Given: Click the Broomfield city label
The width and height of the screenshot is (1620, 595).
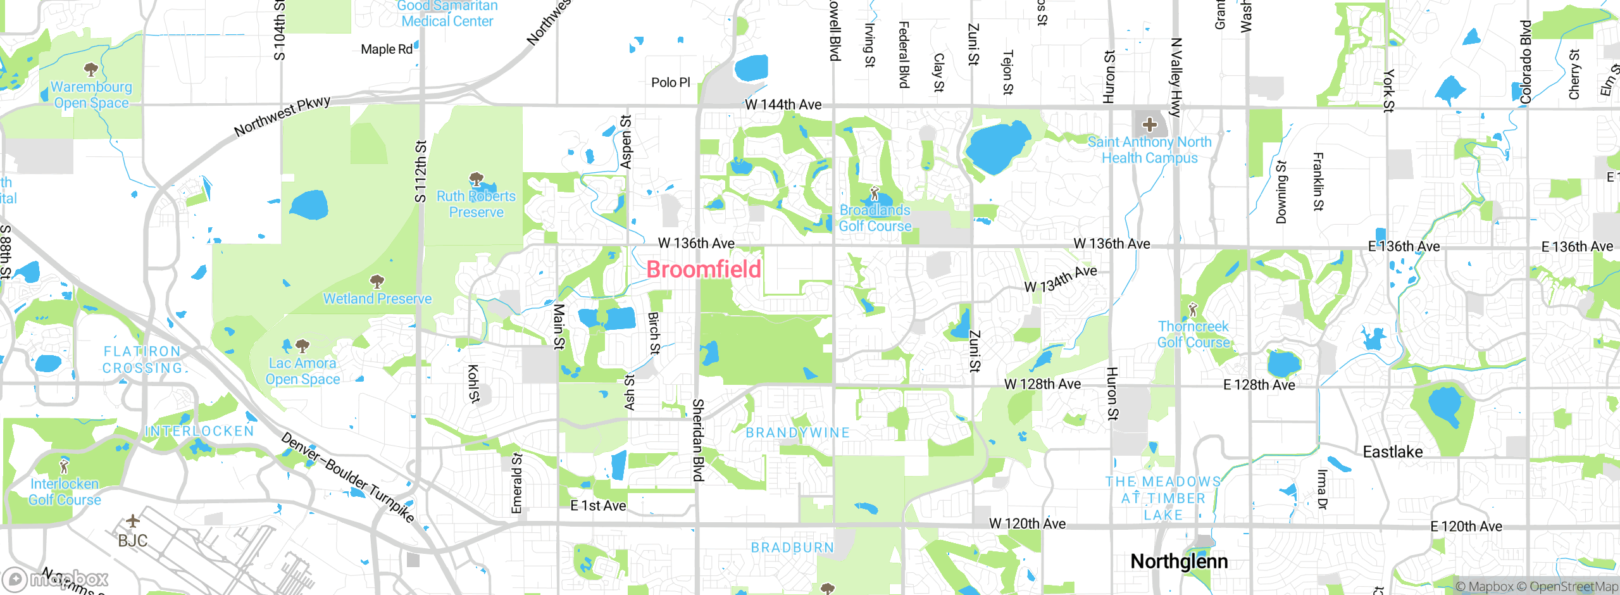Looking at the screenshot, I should [704, 270].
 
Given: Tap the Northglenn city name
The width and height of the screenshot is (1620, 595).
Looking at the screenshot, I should [1179, 561].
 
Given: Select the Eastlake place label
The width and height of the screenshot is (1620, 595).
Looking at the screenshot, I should [1392, 452].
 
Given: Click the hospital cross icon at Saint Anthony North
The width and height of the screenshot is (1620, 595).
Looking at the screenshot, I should [1150, 124].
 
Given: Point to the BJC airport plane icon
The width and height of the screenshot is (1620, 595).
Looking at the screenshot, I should [132, 522].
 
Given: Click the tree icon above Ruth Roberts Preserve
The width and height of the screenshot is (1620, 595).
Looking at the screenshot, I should [477, 179].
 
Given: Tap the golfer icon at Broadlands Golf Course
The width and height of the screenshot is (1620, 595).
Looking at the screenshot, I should [875, 193].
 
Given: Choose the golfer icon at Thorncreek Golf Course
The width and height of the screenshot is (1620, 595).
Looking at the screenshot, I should [1193, 310].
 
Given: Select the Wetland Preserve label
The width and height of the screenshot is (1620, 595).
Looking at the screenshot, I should [377, 299].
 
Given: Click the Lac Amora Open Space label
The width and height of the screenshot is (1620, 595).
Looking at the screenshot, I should [302, 372].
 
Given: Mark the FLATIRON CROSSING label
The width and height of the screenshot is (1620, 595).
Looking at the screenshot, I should [142, 360].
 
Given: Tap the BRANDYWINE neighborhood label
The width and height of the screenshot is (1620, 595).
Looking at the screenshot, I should [797, 433].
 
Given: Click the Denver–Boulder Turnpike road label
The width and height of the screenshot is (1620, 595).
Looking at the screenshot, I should [347, 478].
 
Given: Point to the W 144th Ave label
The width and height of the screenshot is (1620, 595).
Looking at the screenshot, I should [783, 104].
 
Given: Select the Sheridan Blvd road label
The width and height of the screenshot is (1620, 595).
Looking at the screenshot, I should [698, 440].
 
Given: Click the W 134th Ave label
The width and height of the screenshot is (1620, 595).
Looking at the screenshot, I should [1061, 279].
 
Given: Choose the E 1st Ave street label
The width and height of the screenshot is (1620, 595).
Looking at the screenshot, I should [598, 506].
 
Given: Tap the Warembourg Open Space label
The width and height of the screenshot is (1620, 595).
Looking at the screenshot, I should [92, 95].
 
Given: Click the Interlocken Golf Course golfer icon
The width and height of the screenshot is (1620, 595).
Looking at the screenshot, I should [64, 467].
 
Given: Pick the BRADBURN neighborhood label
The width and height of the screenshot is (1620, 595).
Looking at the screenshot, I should [792, 548].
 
